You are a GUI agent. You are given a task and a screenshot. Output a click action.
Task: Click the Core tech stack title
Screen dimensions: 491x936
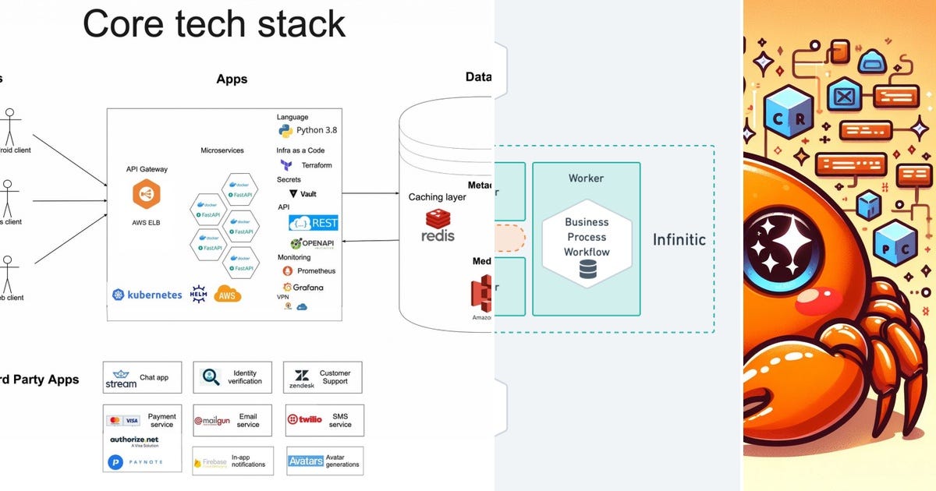(x=214, y=23)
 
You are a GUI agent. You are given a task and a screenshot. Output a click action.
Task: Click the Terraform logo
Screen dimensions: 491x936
(x=286, y=165)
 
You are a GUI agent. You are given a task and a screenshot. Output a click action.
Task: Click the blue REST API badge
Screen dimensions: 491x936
(x=313, y=223)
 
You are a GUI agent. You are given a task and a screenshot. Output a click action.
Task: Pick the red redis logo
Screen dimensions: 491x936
(x=438, y=225)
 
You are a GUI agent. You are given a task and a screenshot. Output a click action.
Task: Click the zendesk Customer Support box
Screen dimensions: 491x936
(x=322, y=377)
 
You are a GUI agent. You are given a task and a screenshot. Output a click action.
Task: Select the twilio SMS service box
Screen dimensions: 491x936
(x=324, y=419)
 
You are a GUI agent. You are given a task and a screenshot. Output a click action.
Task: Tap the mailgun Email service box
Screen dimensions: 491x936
(x=232, y=420)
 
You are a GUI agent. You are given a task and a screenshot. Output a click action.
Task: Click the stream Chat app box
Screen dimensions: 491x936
(x=142, y=377)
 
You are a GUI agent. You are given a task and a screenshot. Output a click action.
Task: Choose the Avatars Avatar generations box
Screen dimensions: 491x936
(x=324, y=461)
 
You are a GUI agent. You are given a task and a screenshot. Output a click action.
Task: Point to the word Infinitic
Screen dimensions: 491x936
(x=679, y=239)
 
